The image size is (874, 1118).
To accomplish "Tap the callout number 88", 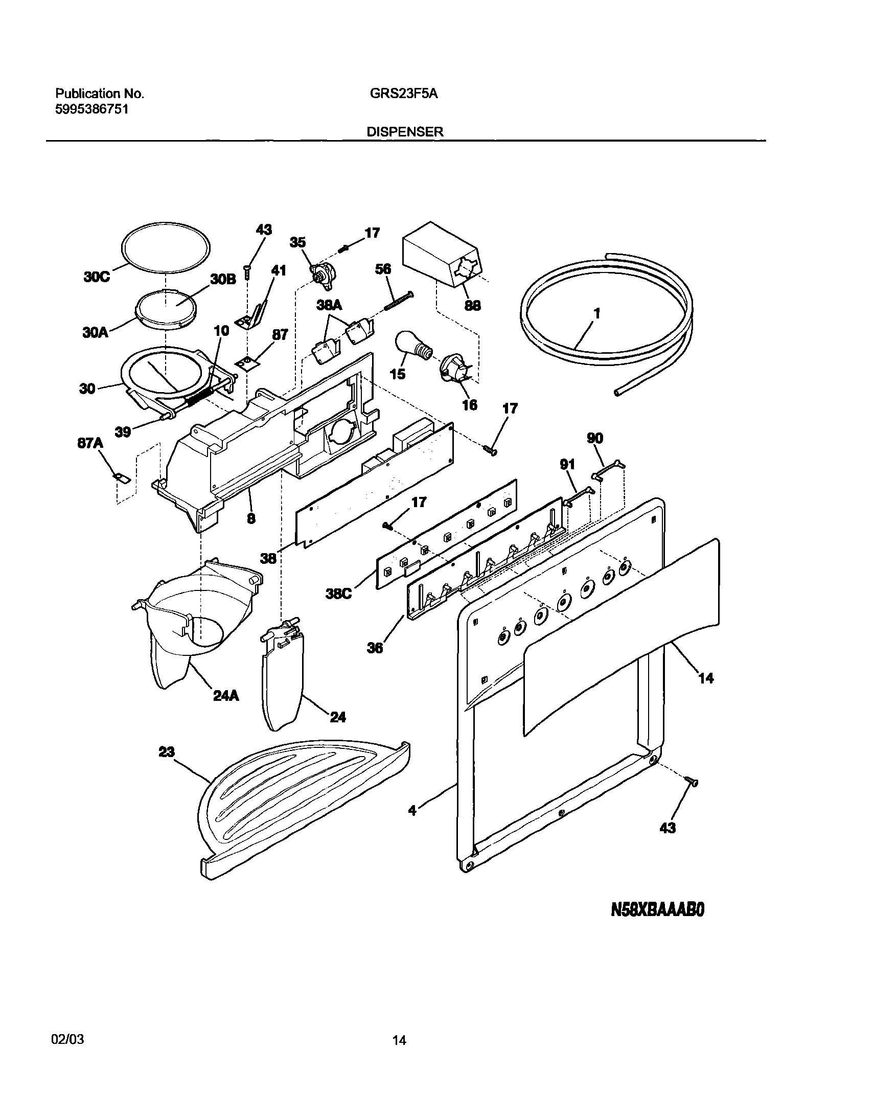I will click(x=472, y=306).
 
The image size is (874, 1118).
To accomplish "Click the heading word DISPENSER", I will click(x=405, y=131).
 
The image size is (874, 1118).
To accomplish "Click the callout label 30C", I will click(x=97, y=278).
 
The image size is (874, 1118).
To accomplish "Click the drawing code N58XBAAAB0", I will click(x=658, y=909).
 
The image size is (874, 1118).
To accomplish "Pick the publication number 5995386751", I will click(x=91, y=108).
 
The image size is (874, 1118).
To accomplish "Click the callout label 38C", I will click(x=339, y=595).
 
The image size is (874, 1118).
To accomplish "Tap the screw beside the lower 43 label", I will click(x=692, y=781).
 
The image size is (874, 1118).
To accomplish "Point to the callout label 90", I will click(x=595, y=438).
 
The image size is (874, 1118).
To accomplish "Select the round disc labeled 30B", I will click(x=167, y=307).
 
